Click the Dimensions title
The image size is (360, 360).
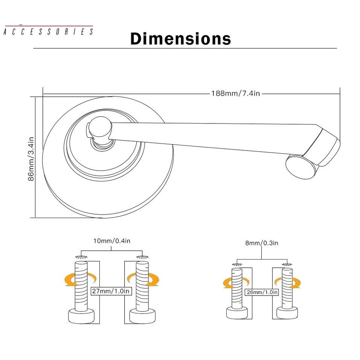[x=180, y=39]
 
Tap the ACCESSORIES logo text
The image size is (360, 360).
[x=48, y=32]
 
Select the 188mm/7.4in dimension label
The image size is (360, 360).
[x=235, y=93]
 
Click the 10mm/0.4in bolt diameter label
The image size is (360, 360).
[x=111, y=241]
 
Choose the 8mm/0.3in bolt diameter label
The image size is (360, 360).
[x=262, y=243]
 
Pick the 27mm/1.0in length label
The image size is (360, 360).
[x=111, y=291]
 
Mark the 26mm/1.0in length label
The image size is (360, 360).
[x=262, y=292]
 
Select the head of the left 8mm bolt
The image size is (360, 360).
[x=237, y=312]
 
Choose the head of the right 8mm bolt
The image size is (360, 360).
[x=287, y=312]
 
